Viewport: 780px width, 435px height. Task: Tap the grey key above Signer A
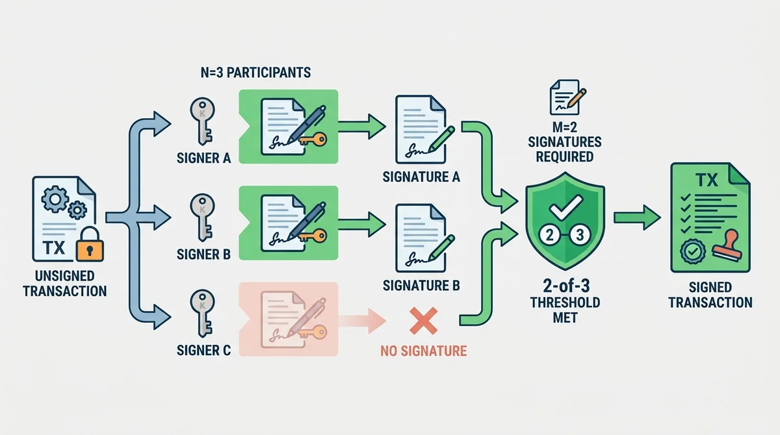[202, 121]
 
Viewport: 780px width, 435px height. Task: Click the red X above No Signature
[423, 321]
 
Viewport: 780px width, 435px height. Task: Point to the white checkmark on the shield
[565, 207]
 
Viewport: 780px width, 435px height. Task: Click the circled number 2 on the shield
[549, 236]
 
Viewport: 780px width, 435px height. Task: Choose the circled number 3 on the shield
[580, 236]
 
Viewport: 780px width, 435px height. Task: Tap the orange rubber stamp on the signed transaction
[727, 245]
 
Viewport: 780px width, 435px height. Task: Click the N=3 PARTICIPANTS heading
[255, 72]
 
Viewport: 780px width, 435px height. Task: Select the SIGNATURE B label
[421, 286]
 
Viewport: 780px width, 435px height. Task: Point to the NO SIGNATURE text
[423, 351]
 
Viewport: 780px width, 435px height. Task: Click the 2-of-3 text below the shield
[566, 286]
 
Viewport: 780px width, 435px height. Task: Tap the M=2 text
[565, 127]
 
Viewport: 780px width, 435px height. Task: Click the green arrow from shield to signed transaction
[637, 217]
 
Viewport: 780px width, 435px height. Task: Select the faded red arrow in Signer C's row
[362, 321]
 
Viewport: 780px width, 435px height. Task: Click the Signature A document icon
[421, 129]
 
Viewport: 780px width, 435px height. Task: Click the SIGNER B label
[203, 255]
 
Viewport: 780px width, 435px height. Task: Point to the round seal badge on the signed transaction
[693, 251]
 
